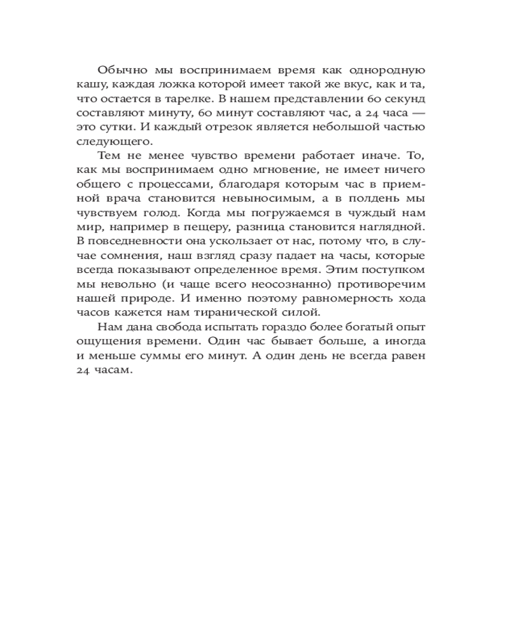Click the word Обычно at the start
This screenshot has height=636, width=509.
point(118,70)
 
